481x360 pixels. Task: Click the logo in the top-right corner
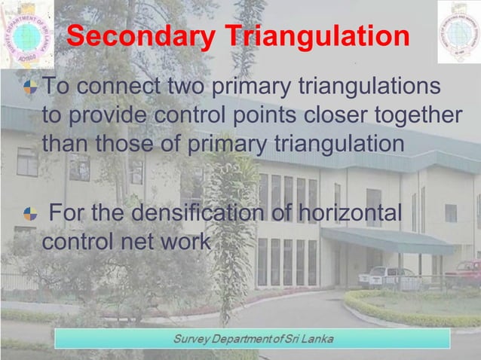click(x=458, y=31)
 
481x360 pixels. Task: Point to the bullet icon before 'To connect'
click(x=30, y=88)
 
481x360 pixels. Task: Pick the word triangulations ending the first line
click(x=360, y=88)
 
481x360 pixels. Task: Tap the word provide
click(x=103, y=115)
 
